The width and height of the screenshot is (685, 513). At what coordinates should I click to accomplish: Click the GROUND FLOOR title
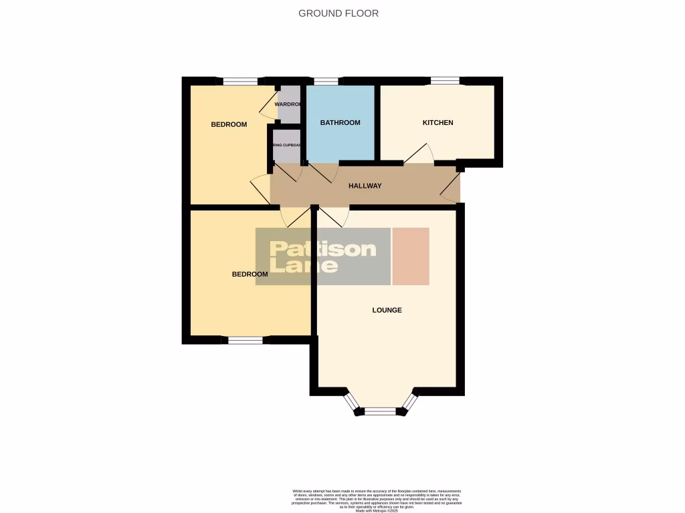point(338,13)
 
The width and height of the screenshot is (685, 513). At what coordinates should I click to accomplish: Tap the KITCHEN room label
point(437,123)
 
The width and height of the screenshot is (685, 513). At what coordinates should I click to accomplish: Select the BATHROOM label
point(340,123)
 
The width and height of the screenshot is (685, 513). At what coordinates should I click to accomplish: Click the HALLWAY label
point(365,186)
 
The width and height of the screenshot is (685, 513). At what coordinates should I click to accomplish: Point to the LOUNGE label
point(387,310)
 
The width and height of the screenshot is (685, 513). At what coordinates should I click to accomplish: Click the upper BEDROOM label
point(229,124)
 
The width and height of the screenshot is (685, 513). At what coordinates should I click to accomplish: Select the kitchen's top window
point(445,81)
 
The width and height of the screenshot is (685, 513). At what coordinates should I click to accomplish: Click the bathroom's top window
point(326,81)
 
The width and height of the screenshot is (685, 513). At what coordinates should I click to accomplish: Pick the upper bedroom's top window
point(240,81)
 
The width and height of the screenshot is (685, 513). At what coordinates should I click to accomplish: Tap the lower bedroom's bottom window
point(246,340)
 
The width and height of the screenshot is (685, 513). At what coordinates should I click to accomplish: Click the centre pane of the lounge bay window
point(380,411)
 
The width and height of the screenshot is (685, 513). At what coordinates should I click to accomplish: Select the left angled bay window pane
point(352,401)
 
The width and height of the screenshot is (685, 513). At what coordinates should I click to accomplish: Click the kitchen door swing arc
point(420,154)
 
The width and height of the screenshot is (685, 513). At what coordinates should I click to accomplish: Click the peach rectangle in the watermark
point(410,256)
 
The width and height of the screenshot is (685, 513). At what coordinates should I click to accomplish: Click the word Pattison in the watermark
point(322,249)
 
